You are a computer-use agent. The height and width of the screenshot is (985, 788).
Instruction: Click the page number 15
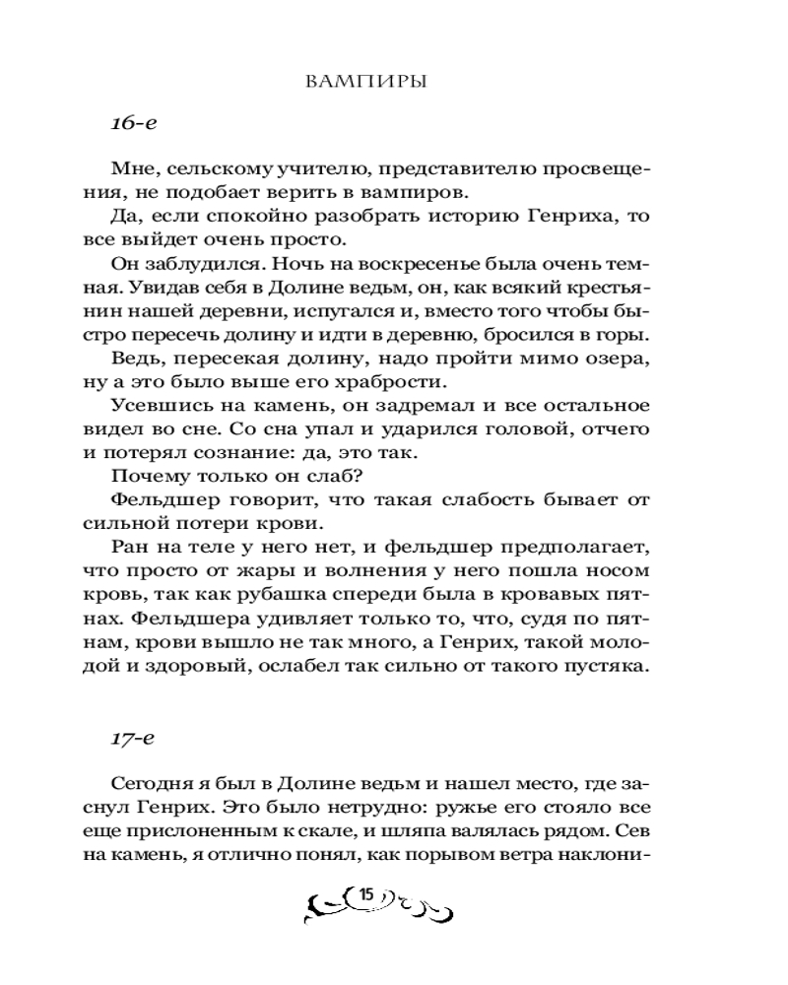click(x=365, y=895)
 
